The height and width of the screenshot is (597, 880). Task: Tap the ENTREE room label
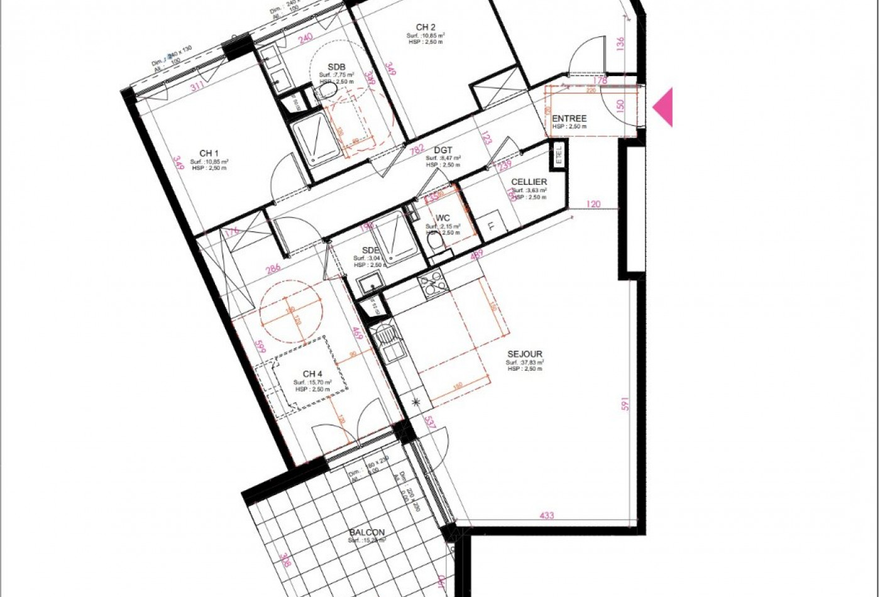pyautogui.click(x=569, y=118)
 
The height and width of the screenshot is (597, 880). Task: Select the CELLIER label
pyautogui.click(x=529, y=182)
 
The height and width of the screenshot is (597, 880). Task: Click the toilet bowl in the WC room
pyautogui.click(x=432, y=240)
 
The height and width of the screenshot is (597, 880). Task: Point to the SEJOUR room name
pyautogui.click(x=524, y=354)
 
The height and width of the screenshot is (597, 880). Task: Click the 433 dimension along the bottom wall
pyautogui.click(x=547, y=515)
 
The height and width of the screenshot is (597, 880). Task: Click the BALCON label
pyautogui.click(x=367, y=532)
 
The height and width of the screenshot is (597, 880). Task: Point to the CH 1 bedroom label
pyautogui.click(x=209, y=153)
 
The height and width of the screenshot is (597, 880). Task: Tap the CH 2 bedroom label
pyautogui.click(x=426, y=27)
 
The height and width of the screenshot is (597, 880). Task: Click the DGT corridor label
pyautogui.click(x=443, y=150)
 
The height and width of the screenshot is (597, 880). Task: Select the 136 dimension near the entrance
pyautogui.click(x=620, y=44)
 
